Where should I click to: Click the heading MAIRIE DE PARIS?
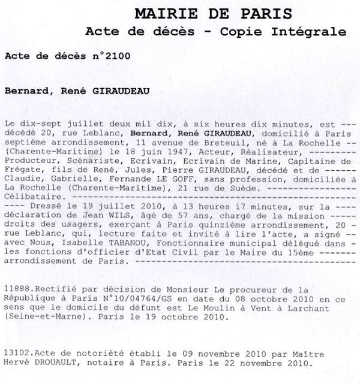coord(213,13)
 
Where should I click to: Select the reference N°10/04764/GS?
coord(133,297)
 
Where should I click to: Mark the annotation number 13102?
coord(17,353)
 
